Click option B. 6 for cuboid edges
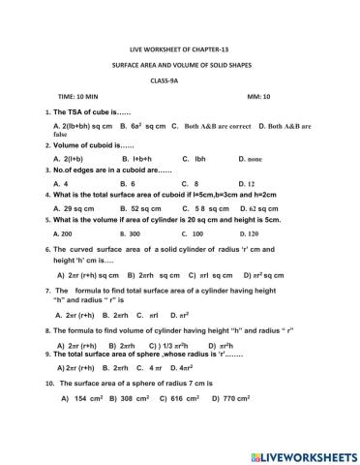point(127,182)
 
